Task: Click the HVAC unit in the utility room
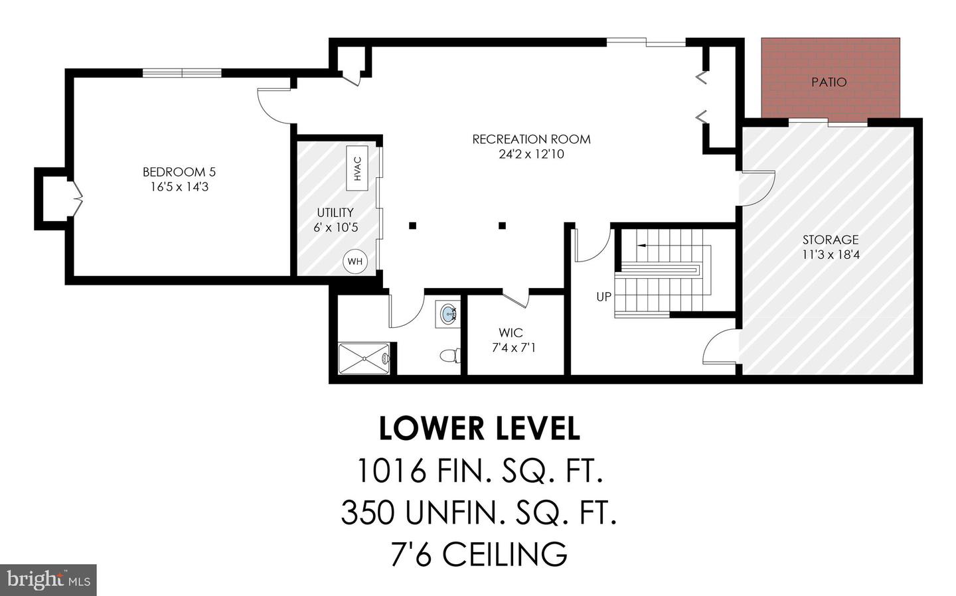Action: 357,168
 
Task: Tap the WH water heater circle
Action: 355,261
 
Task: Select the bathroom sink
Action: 449,313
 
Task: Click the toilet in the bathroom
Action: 451,356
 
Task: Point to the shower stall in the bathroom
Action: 364,358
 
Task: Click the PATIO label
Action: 829,82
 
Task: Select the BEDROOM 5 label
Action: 179,172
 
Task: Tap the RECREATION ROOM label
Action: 531,139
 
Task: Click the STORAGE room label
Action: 830,240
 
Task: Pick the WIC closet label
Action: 511,333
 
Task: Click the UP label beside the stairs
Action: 603,297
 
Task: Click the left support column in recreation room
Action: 412,226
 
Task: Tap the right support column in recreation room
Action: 503,226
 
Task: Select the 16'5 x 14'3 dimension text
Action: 179,187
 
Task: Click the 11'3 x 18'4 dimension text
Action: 830,254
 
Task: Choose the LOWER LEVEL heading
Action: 479,429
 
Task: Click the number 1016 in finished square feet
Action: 390,471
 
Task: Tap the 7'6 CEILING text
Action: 479,554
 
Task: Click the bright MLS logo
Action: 48,580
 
